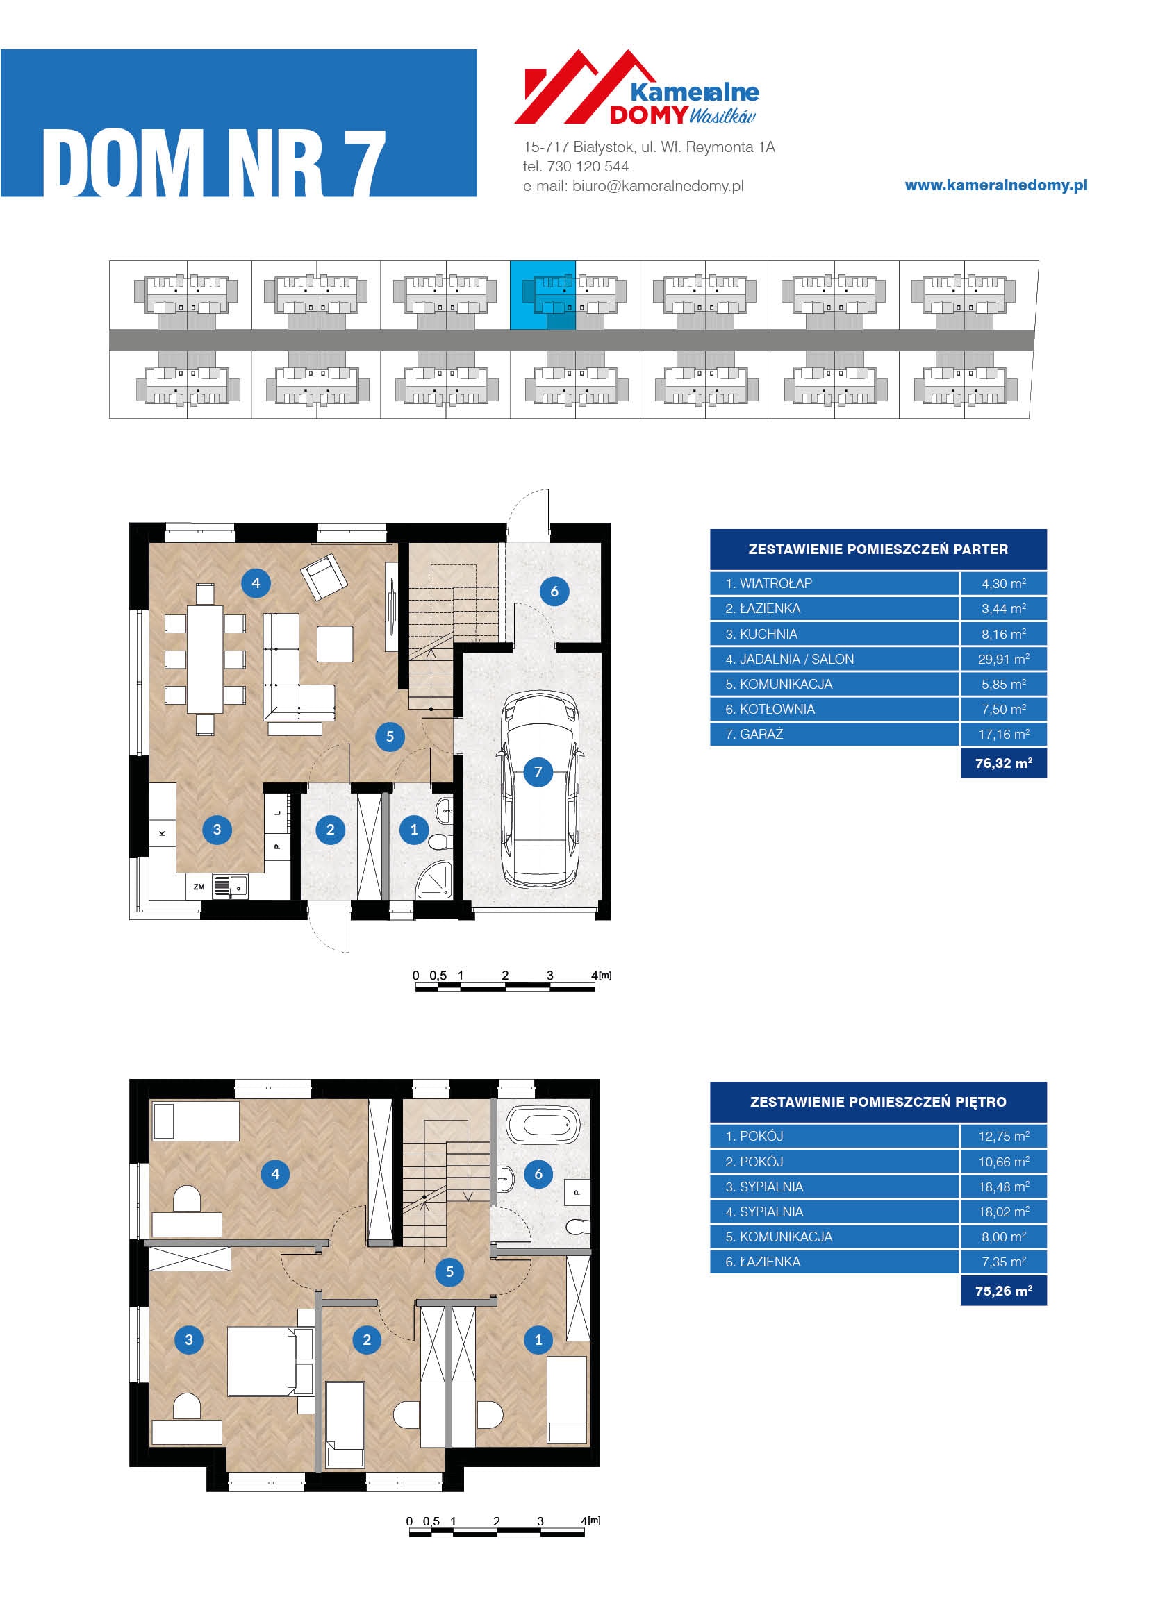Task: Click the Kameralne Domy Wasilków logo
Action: pos(636,87)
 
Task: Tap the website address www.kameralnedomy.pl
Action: pos(996,185)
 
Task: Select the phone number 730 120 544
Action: pos(588,167)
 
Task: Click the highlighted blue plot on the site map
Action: pos(543,295)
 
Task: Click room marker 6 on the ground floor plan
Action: pos(554,592)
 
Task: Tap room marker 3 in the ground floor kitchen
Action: pos(217,830)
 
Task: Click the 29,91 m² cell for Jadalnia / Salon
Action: pos(1003,659)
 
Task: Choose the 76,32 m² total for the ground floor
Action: pos(1003,763)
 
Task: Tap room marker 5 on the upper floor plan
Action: pos(449,1272)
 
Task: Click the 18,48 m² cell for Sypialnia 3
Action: pos(1003,1187)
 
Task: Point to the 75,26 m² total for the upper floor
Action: pos(1003,1291)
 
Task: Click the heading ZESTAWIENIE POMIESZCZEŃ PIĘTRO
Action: pos(878,1102)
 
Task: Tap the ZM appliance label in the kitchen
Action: pos(199,887)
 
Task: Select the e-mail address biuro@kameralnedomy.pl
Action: pos(658,186)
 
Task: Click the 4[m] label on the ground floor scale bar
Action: pos(601,976)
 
